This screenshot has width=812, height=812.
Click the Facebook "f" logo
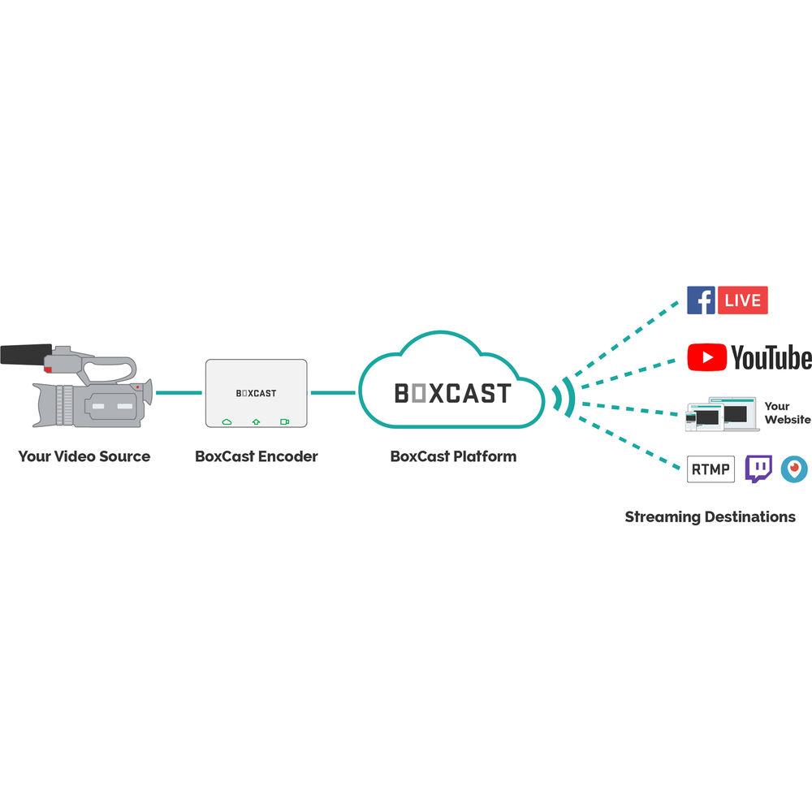click(701, 300)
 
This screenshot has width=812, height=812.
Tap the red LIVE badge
click(742, 300)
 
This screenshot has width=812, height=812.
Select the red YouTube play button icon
click(706, 357)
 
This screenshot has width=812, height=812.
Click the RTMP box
click(710, 469)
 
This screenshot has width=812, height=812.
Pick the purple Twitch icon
click(759, 469)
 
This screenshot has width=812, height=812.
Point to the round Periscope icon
click(793, 469)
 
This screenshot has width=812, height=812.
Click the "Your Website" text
click(787, 412)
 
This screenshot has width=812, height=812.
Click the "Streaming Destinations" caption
click(710, 516)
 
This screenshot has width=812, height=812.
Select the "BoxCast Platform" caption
click(453, 456)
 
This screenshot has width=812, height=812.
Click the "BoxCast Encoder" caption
click(257, 456)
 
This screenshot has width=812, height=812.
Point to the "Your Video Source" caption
click(84, 456)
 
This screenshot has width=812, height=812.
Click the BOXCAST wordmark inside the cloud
click(452, 393)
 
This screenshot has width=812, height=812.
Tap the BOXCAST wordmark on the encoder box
click(256, 393)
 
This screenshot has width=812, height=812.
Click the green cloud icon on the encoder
click(227, 422)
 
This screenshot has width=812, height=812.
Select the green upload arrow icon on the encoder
click(256, 422)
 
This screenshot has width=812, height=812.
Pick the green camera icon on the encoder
click(284, 422)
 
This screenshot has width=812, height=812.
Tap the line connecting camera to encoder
click(179, 393)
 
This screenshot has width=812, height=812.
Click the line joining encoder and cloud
click(333, 393)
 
